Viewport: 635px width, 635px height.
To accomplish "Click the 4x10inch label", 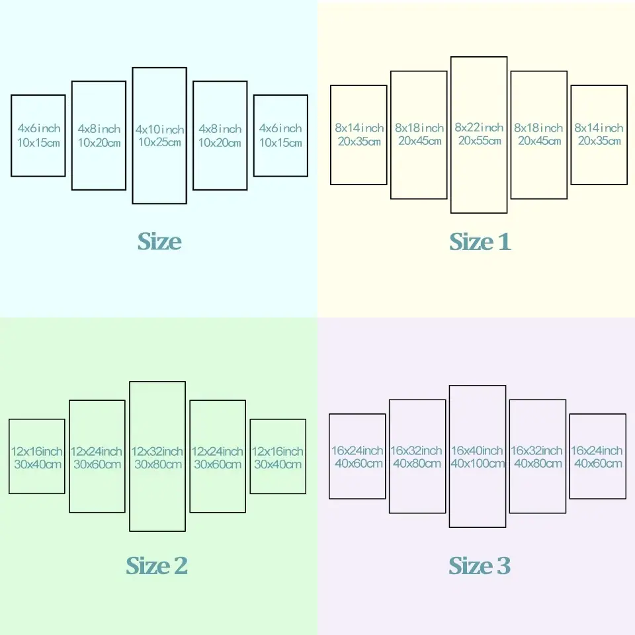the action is pos(159,129).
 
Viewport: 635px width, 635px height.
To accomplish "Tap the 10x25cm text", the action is pos(159,142).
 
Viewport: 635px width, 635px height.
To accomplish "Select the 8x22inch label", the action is pos(479,127).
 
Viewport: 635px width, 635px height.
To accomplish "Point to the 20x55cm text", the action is pos(480,140).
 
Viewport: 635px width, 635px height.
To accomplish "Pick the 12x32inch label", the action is pos(157,451).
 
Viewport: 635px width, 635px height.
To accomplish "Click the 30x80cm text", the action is pos(158,464).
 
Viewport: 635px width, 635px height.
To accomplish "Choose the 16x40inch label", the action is pos(477,450).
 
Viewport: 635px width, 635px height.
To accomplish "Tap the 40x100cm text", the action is pos(478,463).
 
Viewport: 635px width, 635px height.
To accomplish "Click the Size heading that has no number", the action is pos(159,241).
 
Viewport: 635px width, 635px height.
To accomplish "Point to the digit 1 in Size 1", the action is pos(504,242).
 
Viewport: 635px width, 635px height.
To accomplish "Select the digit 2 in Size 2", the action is pos(181,566).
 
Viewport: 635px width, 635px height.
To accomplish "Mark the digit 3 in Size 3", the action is pos(504,566).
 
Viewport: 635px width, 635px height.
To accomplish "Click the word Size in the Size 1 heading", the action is pos(472,242).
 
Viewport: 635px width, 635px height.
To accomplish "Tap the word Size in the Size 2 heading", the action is pos(148,566).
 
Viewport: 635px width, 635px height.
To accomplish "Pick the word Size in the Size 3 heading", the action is pos(471,566).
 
